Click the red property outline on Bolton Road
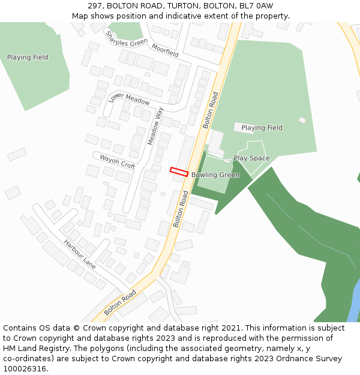tap(179, 172)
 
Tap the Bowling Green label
tap(215, 175)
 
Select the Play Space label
tap(251, 158)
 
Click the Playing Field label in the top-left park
tap(28, 58)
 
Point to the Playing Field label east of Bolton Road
tap(262, 128)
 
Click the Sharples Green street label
tap(127, 38)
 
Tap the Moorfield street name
tap(165, 50)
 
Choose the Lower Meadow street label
tap(129, 99)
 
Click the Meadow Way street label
tap(155, 126)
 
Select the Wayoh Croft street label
tap(117, 161)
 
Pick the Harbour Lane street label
tap(80, 254)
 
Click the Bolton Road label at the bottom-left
tap(120, 303)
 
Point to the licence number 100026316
tap(26, 369)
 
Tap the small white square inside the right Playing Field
tap(302, 120)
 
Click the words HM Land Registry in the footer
tap(31, 349)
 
